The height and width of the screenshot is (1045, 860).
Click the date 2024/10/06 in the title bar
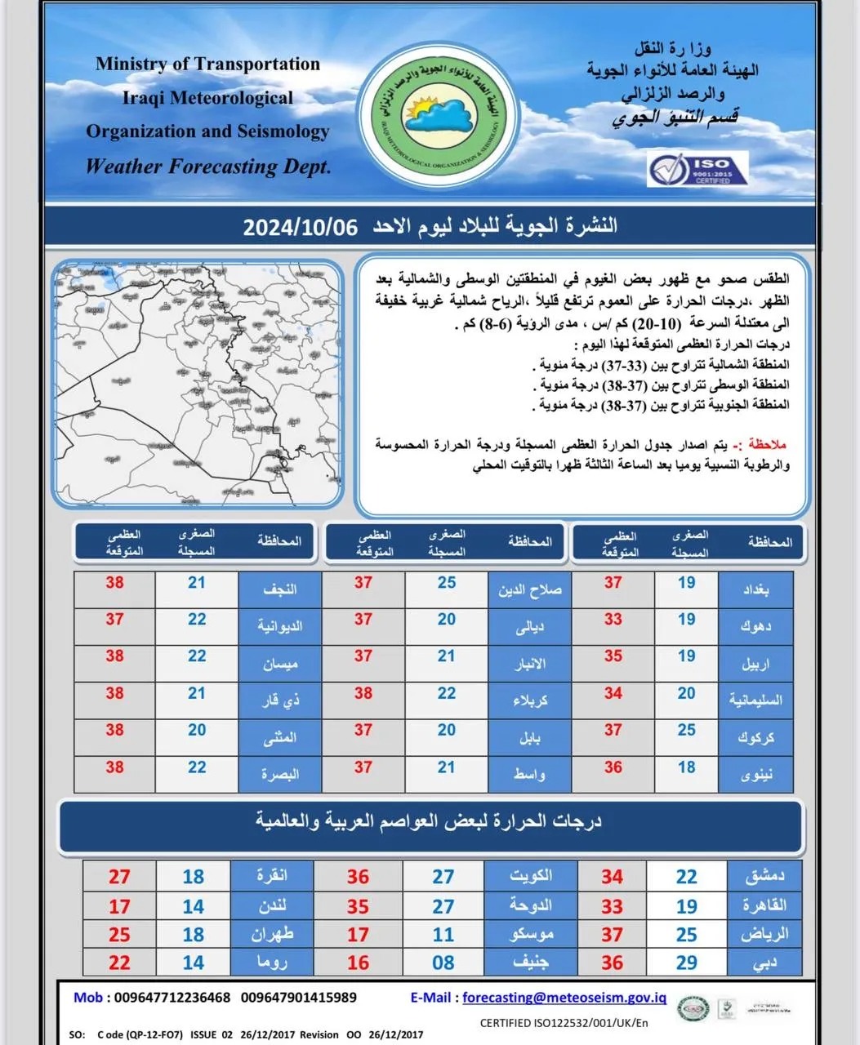301,227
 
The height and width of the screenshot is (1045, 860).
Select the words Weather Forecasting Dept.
208,167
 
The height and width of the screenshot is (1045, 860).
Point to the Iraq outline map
198,384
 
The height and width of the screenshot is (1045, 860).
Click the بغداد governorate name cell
755,588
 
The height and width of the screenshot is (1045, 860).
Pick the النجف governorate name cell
279,588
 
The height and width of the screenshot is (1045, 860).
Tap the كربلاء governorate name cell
530,700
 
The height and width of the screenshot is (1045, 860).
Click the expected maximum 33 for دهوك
613,620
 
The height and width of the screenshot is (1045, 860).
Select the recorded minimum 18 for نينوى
686,767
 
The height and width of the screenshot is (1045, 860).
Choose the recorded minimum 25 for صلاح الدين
446,583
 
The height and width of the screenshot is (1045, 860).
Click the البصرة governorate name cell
279,773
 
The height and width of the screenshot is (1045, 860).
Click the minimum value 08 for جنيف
443,963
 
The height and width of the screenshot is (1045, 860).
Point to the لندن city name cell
272,905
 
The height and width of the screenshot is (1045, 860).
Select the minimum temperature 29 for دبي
686,963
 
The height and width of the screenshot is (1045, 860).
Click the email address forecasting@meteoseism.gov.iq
564,997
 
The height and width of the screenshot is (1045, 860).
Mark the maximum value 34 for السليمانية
613,693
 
